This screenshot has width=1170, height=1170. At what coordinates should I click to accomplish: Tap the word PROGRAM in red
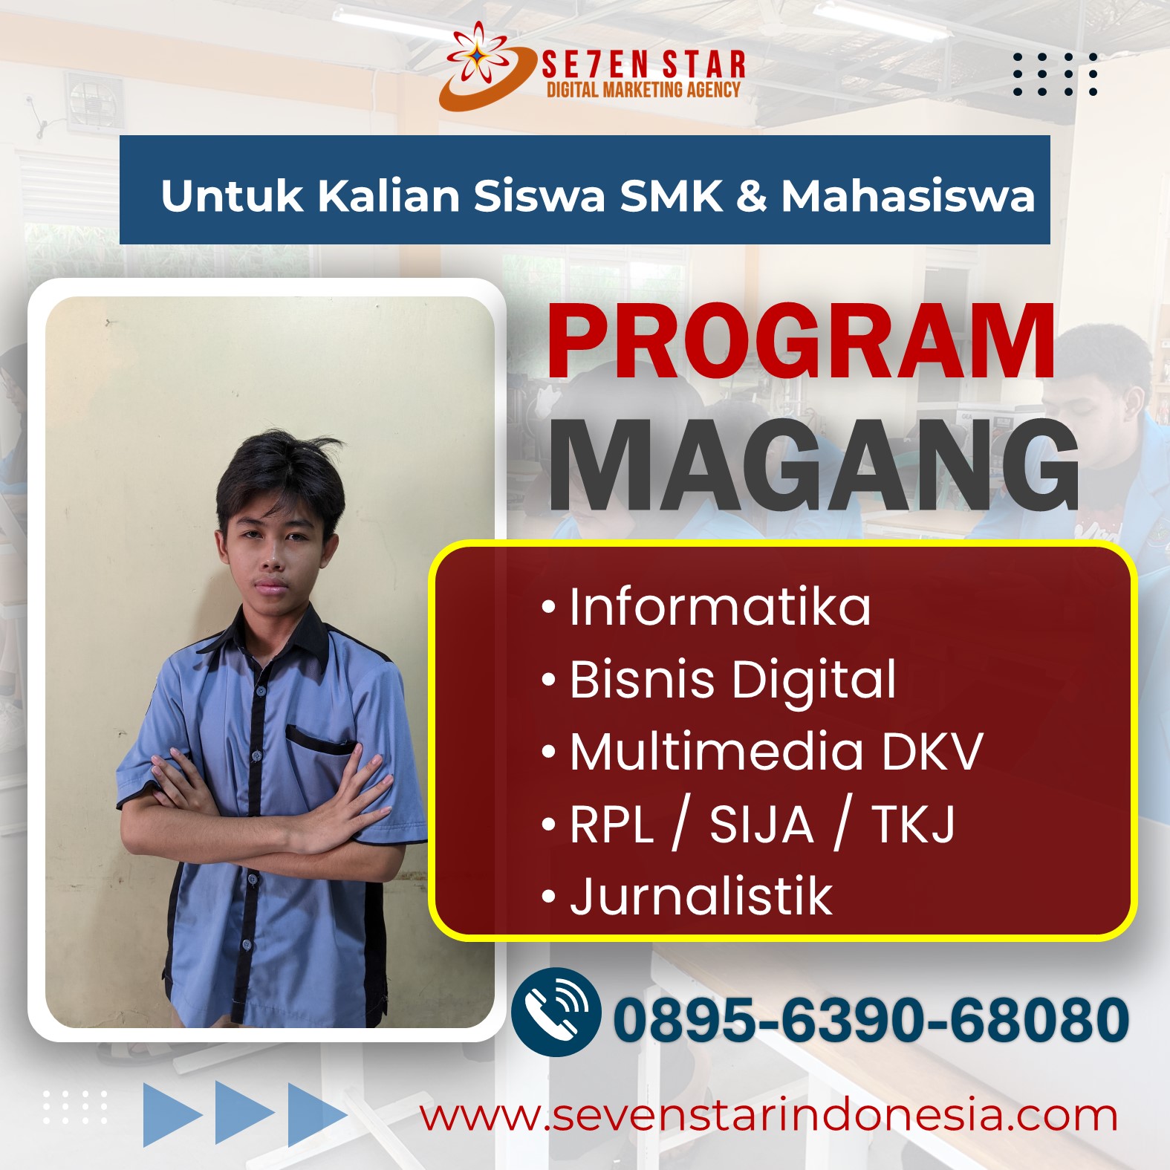coord(801,342)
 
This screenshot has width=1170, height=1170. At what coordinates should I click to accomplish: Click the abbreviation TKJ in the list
coord(913,825)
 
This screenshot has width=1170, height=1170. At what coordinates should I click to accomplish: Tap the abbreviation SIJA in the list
coord(761,825)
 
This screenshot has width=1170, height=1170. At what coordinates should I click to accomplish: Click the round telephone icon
coord(556,1012)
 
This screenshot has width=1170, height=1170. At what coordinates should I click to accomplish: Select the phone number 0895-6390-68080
coord(871,1020)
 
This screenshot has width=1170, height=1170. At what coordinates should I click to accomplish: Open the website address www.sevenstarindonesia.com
coord(769,1116)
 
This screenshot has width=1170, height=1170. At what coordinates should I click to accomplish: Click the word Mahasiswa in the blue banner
coord(908,196)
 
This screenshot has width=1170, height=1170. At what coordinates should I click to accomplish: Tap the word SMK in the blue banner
coord(671,196)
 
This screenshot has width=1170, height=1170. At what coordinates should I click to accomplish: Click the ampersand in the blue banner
coord(752,196)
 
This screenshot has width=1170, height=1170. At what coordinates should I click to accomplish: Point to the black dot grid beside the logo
coord(1055,74)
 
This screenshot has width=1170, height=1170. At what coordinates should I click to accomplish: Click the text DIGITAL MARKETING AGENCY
coord(643,90)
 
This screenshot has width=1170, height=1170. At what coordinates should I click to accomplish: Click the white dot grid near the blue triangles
coord(74,1107)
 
